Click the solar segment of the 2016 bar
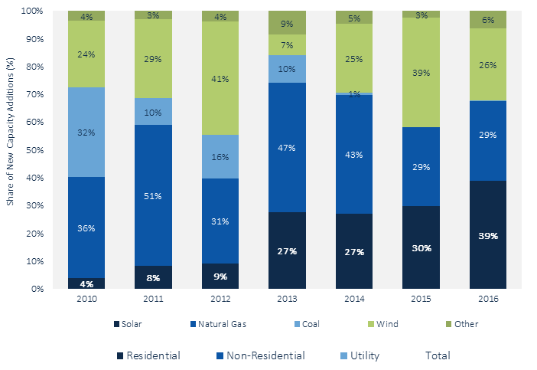[488, 234]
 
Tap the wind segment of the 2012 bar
[220, 78]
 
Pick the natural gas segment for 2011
[153, 195]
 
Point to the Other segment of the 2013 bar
[287, 23]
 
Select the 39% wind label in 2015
[421, 73]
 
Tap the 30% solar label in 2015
[421, 248]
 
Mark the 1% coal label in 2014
[354, 93]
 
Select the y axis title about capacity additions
[11, 150]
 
